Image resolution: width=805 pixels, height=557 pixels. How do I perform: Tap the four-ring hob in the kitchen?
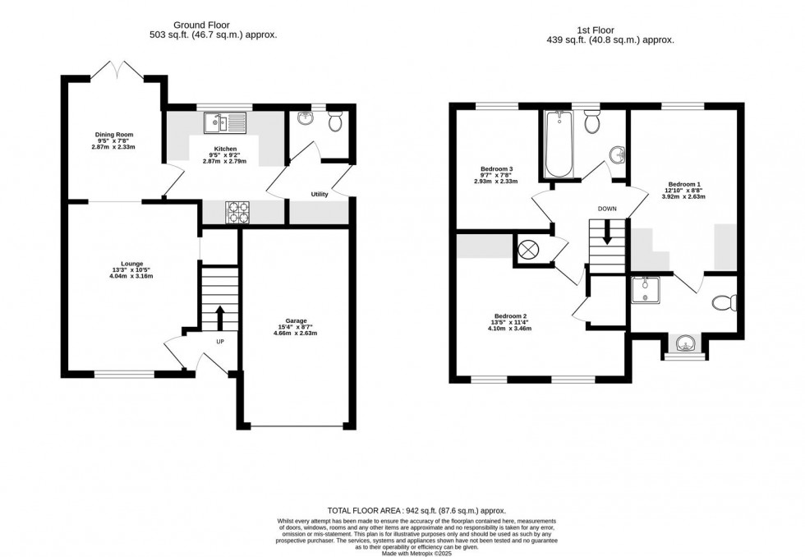click(237, 212)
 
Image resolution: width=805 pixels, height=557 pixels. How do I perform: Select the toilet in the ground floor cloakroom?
click(335, 122)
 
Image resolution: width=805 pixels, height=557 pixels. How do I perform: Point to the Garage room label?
click(296, 326)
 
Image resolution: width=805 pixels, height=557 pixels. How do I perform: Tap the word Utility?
click(320, 195)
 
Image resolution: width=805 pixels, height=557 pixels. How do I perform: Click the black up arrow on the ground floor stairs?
click(220, 316)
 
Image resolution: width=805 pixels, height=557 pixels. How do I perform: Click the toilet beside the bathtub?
click(591, 123)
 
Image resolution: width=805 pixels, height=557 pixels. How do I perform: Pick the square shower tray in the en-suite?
click(645, 289)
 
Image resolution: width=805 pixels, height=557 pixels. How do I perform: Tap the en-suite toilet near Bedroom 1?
click(723, 303)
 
